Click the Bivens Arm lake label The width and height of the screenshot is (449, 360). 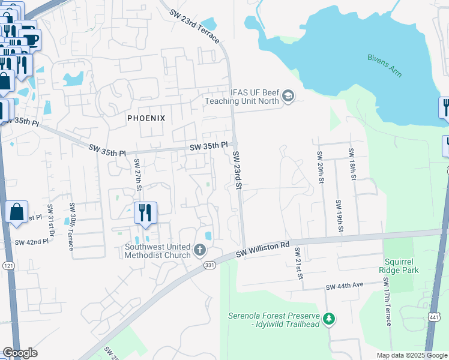point(385,65)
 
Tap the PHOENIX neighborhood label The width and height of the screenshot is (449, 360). point(146,118)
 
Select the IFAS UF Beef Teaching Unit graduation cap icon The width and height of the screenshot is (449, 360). point(289,96)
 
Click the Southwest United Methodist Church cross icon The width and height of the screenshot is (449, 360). point(200,249)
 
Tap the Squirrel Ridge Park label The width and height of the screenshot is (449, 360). point(411,265)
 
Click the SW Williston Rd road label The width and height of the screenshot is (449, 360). point(263,246)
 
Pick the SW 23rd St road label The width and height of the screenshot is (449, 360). point(237,171)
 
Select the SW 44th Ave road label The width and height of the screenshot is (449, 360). point(345,288)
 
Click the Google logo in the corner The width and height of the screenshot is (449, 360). point(20,353)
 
